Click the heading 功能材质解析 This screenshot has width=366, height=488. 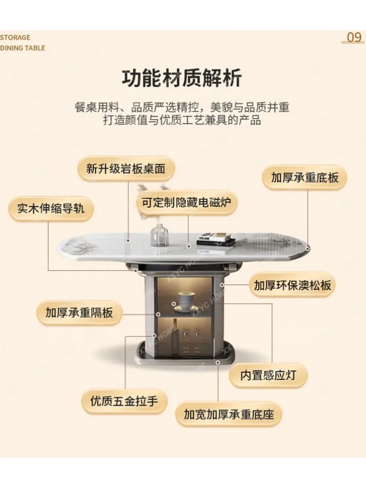(x=182, y=78)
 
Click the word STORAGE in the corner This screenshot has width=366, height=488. (x=15, y=38)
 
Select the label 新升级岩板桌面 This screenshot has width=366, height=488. (x=126, y=169)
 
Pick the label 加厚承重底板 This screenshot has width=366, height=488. (x=305, y=177)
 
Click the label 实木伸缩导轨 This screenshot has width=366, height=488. (x=51, y=208)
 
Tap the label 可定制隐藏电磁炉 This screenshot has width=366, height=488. (x=186, y=202)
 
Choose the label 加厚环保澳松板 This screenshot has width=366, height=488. (x=292, y=285)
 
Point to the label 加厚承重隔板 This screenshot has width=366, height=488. (x=79, y=312)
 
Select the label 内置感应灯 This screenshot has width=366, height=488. (x=268, y=375)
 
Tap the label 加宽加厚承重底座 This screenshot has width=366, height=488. (x=229, y=415)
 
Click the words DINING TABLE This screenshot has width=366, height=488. (x=22, y=48)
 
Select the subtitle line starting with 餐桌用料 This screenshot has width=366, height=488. (x=182, y=107)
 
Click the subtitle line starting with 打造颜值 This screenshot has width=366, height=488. (x=182, y=120)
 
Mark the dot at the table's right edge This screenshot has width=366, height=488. (x=308, y=249)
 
